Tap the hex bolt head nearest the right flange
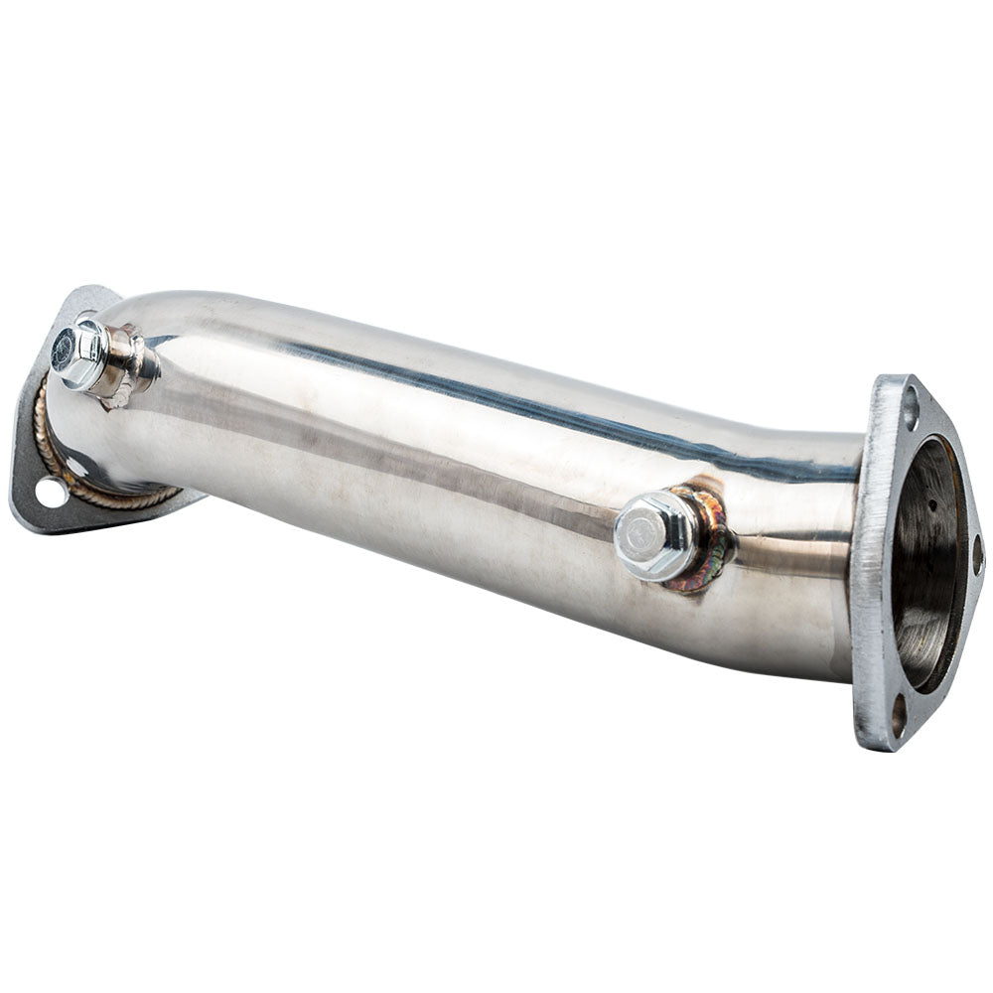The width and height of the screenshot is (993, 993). [655, 534]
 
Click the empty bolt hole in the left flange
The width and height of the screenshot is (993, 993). [48, 490]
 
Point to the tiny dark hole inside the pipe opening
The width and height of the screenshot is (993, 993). [932, 505]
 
